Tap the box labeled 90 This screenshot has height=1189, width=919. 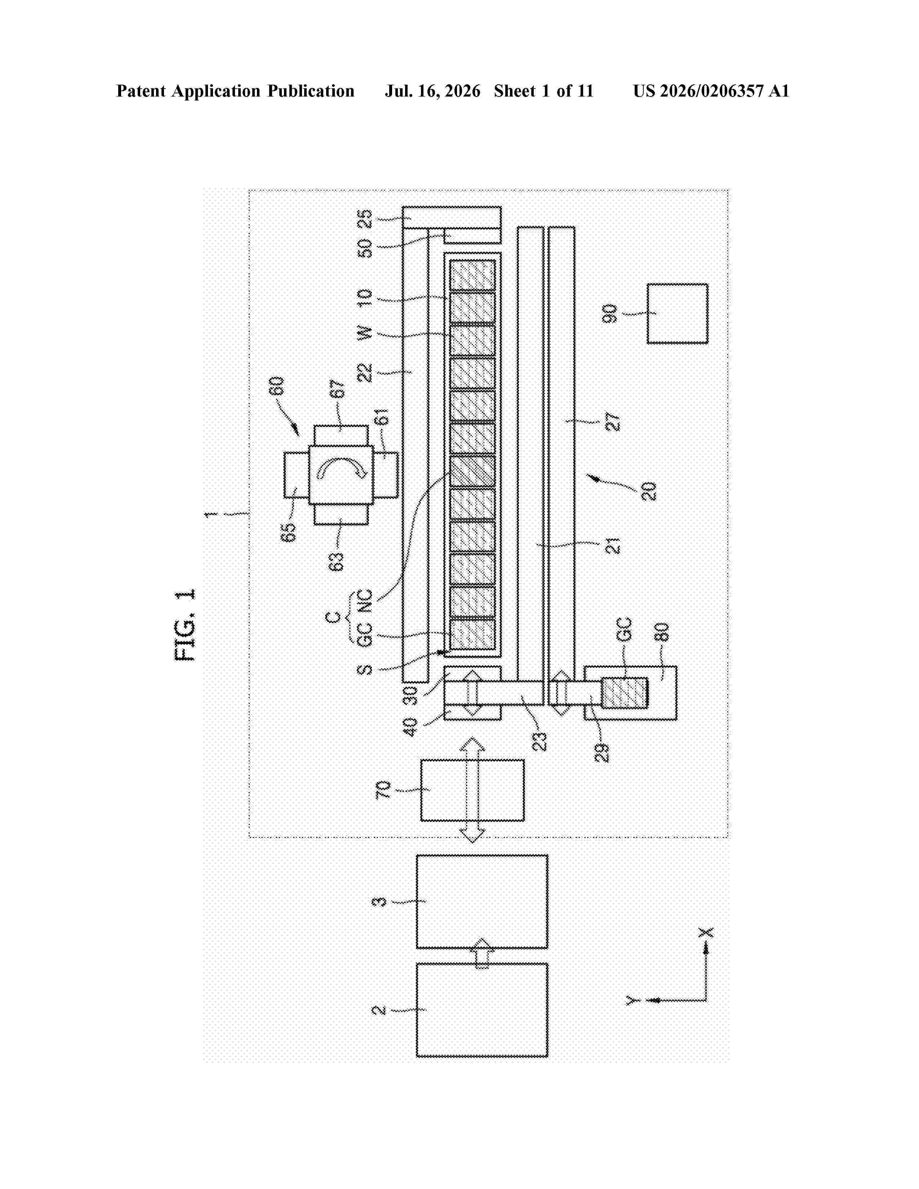pos(677,313)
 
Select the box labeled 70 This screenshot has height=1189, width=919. pos(472,790)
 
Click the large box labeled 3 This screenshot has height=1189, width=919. pos(482,901)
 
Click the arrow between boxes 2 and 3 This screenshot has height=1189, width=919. pos(482,953)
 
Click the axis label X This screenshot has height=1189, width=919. pos(706,932)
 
